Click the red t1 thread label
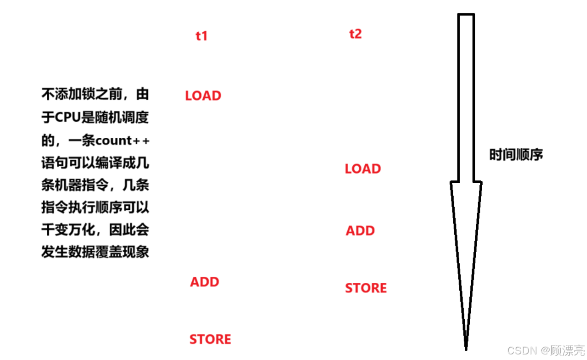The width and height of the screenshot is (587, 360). (x=201, y=36)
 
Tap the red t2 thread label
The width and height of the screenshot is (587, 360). (x=355, y=34)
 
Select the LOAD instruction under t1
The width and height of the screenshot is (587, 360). (x=203, y=96)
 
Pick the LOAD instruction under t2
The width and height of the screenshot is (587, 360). (x=363, y=169)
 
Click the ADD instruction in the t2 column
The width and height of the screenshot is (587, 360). (x=360, y=231)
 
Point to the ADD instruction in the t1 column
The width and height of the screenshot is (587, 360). (x=204, y=282)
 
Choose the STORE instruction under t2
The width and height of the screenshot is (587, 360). (x=365, y=289)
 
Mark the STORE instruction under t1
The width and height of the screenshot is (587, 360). (x=210, y=339)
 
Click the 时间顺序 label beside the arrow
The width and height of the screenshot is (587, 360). (x=516, y=155)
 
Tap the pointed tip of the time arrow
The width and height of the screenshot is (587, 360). (x=466, y=347)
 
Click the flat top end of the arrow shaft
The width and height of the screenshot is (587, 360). (x=466, y=15)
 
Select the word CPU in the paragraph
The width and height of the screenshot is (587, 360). (x=67, y=118)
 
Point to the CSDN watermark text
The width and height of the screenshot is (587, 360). (x=520, y=351)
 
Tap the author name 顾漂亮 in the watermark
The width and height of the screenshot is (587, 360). (x=569, y=351)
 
